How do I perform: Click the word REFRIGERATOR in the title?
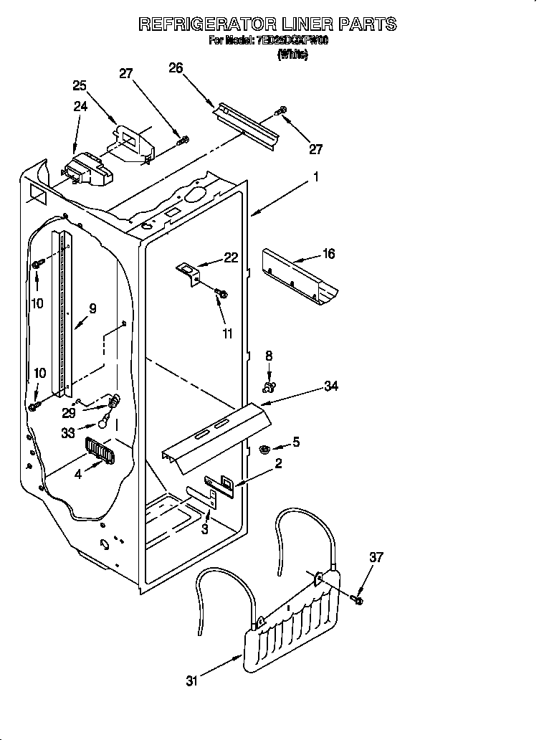pyautogui.click(x=209, y=24)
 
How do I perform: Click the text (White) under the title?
pyautogui.click(x=292, y=54)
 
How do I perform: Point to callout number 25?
pyautogui.click(x=80, y=85)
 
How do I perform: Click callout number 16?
pyautogui.click(x=328, y=254)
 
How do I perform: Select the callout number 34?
pyautogui.click(x=330, y=386)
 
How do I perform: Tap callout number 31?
pyautogui.click(x=191, y=681)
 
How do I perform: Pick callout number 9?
pyautogui.click(x=92, y=309)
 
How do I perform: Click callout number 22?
pyautogui.click(x=230, y=258)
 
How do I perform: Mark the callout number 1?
pyautogui.click(x=315, y=177)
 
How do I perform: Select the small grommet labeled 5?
pyautogui.click(x=263, y=450)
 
